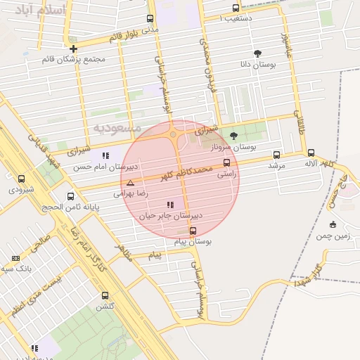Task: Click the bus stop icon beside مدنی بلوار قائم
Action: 149,19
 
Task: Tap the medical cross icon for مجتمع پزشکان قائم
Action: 73,49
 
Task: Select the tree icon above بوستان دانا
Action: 258,53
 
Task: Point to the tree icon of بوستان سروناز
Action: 234,136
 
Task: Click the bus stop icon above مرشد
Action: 276,155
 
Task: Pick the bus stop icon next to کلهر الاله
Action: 311,153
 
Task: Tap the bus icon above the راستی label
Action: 226,163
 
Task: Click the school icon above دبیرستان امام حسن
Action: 105,155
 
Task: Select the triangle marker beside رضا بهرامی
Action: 130,183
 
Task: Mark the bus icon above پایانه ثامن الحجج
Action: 70,196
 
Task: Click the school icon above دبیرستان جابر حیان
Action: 170,205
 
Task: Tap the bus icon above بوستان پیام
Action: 193,231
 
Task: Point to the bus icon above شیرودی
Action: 21,179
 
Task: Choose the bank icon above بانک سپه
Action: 16,259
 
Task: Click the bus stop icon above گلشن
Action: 105,295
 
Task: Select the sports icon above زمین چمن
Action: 333,225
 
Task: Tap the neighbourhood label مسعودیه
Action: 117,128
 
